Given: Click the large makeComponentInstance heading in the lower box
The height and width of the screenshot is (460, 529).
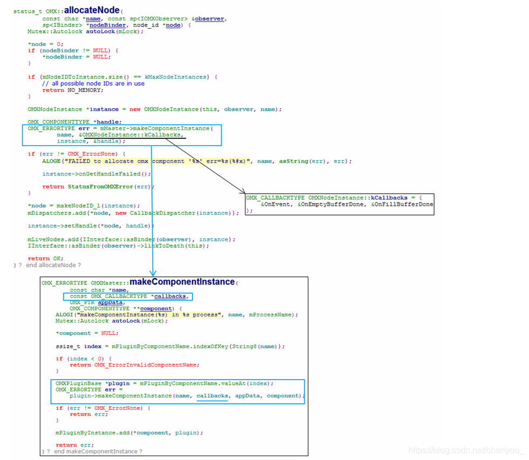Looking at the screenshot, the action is (182, 281).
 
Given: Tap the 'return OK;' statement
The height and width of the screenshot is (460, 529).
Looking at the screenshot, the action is (46, 259).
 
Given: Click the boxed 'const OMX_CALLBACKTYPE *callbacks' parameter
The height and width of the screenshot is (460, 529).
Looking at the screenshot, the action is (129, 296).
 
